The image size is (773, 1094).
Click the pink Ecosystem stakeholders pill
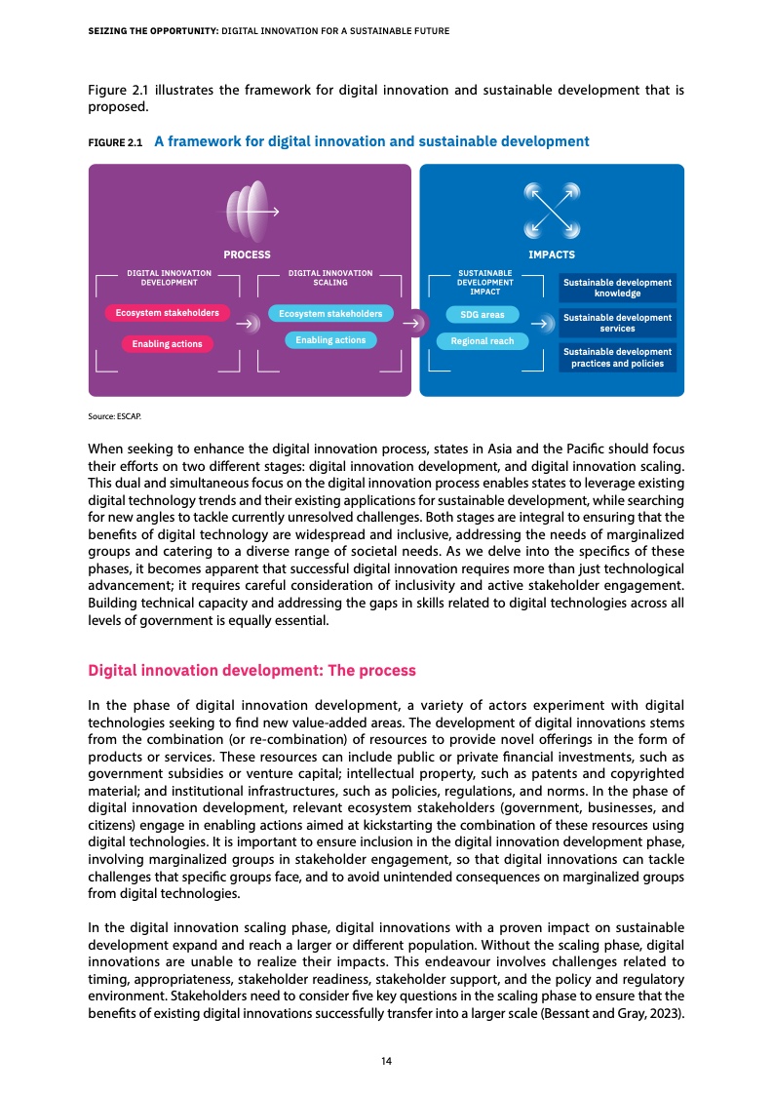click(x=168, y=313)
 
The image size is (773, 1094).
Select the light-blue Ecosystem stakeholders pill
click(x=330, y=314)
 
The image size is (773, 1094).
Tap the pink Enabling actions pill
click(x=167, y=343)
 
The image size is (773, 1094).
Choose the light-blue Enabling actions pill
click(x=330, y=339)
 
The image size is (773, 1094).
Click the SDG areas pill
click(x=483, y=315)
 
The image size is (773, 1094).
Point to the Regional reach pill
click(x=483, y=341)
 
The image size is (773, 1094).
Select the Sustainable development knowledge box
click(x=617, y=288)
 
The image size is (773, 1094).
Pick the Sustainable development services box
click(x=617, y=323)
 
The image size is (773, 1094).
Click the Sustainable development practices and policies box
click(x=617, y=357)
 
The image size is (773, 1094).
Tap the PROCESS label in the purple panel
click(x=247, y=254)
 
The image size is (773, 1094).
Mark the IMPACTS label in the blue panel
click(x=551, y=254)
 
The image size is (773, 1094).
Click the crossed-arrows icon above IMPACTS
click(x=552, y=211)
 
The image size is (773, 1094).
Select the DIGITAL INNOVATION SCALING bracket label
click(x=330, y=277)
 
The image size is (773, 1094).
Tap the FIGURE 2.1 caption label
click(x=115, y=142)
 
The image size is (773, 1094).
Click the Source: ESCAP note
click(x=113, y=416)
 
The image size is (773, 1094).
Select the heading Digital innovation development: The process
click(x=251, y=671)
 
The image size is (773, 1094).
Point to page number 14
click(x=386, y=1059)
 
